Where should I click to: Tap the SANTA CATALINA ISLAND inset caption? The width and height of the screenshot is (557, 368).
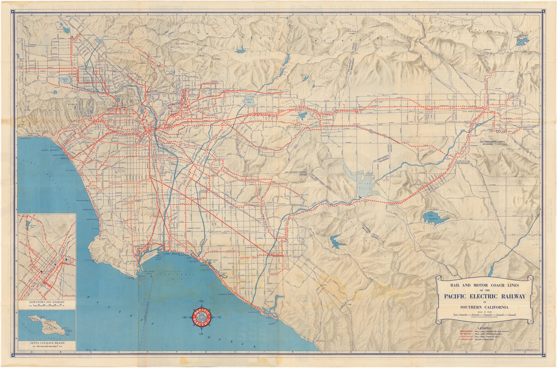[46, 342]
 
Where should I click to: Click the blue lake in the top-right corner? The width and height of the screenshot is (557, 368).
[522, 41]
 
